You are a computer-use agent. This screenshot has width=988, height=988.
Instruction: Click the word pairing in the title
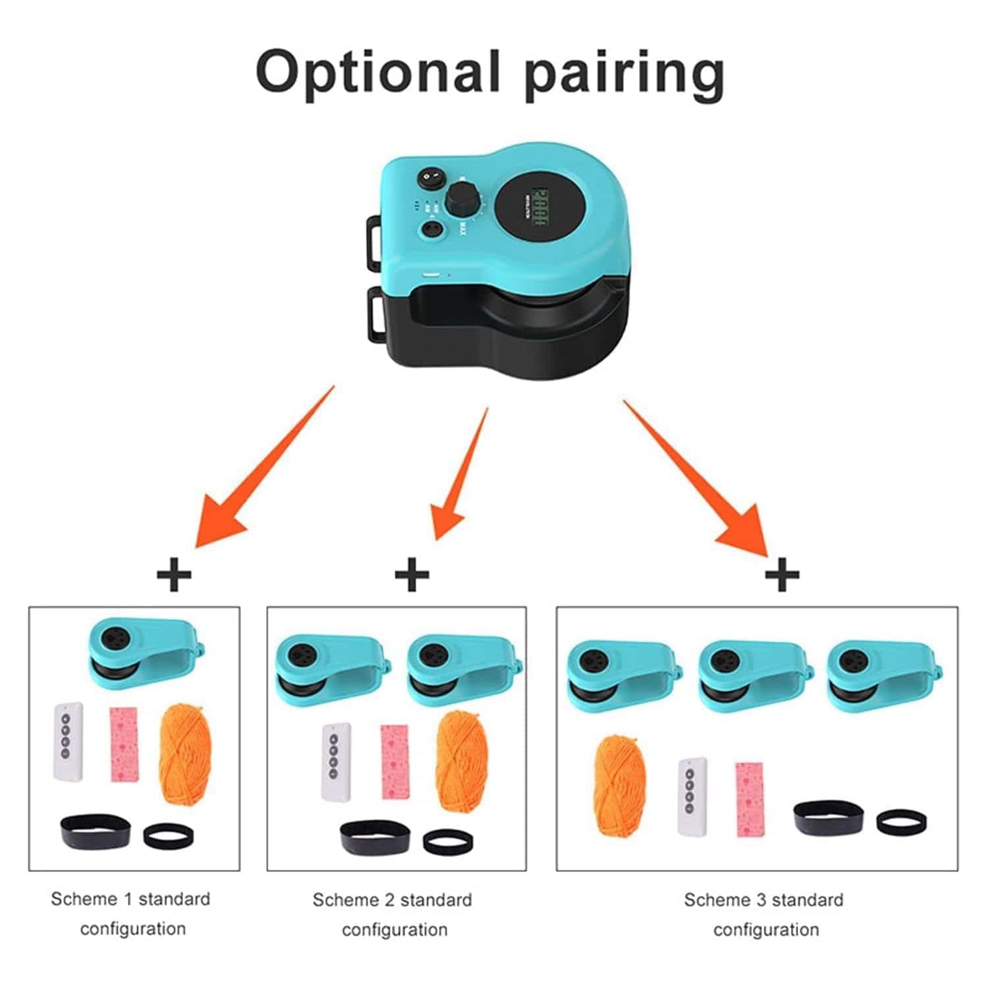(624, 74)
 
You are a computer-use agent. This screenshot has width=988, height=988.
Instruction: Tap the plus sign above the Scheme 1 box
(174, 574)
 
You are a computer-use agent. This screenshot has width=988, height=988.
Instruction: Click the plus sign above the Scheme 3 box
(782, 574)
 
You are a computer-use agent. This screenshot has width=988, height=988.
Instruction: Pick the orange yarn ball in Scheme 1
(186, 754)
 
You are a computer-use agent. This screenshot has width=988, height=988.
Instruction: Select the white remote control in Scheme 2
(336, 761)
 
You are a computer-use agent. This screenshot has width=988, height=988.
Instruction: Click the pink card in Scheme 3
(750, 799)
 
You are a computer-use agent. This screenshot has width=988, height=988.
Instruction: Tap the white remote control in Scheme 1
(69, 742)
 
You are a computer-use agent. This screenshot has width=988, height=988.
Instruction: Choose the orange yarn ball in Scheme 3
(620, 784)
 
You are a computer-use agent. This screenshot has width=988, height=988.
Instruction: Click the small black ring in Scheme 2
(448, 842)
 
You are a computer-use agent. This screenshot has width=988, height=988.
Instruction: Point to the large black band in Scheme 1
(96, 831)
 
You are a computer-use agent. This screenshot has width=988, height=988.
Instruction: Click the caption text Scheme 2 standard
(392, 900)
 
